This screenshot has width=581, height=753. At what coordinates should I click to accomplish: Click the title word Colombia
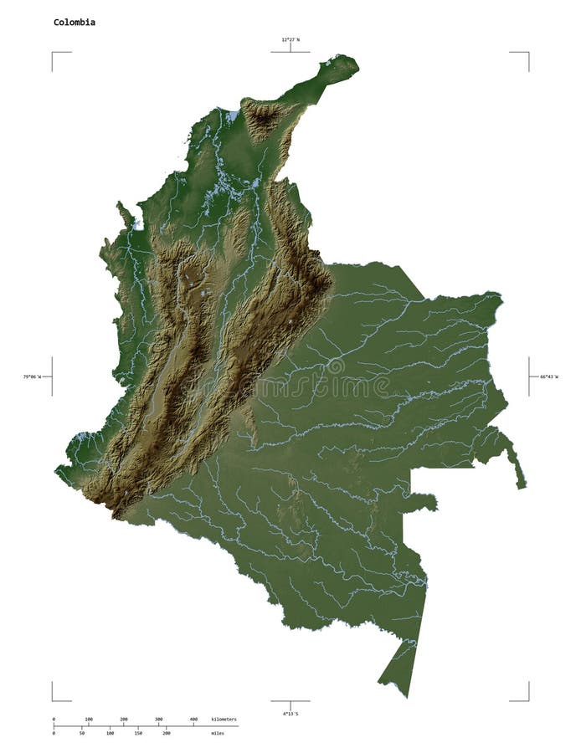pyautogui.click(x=75, y=22)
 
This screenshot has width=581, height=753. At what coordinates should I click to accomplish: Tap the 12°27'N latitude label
pyautogui.click(x=290, y=38)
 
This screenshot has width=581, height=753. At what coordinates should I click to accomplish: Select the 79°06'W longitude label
pyautogui.click(x=33, y=377)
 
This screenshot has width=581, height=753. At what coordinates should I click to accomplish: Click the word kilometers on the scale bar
pyautogui.click(x=224, y=719)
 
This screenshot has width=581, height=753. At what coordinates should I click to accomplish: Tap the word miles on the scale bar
pyautogui.click(x=218, y=733)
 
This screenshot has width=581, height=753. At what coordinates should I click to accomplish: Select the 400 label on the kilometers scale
pyautogui.click(x=193, y=719)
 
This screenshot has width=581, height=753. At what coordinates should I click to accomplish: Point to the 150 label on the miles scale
pyautogui.click(x=138, y=733)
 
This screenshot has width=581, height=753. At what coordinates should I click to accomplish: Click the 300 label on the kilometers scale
pyautogui.click(x=158, y=719)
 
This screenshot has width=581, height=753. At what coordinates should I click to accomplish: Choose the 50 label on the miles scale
pyautogui.click(x=81, y=733)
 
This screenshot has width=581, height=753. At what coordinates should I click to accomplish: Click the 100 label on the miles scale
pyautogui.click(x=110, y=733)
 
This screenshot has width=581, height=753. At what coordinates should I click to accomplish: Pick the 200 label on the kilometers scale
pyautogui.click(x=124, y=719)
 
